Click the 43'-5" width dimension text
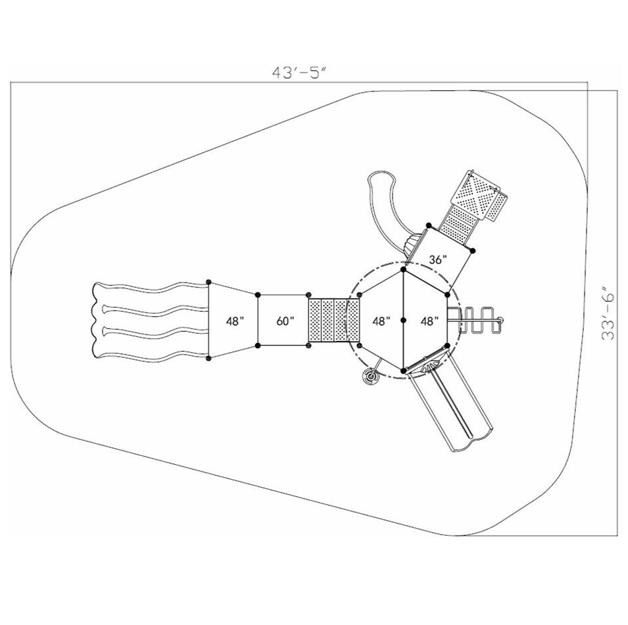pos(300,72)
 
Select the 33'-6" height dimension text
pos(608,314)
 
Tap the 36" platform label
pos(438,260)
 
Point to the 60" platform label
pos(285,321)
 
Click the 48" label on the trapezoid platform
pos(235,321)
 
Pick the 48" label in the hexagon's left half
pos(381,321)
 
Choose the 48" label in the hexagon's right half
pos(429,321)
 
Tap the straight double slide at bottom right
pos(451,407)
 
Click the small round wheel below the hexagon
pos(370,377)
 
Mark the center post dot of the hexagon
pos(403,320)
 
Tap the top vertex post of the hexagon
pos(403,270)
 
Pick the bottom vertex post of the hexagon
pos(403,370)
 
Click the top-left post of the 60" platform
pos(258,295)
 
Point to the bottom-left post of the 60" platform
pos(258,346)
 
